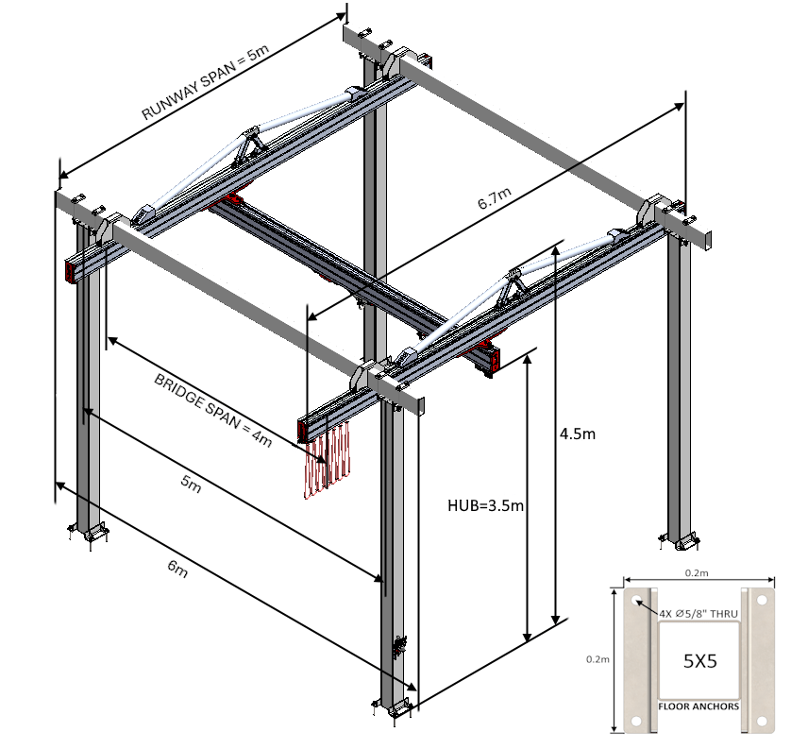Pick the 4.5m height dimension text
pos(578,434)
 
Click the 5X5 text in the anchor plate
pos(699,661)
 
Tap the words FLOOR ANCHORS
pos(700,706)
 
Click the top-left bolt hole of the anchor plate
pos(635,597)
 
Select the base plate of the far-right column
pos(681,541)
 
